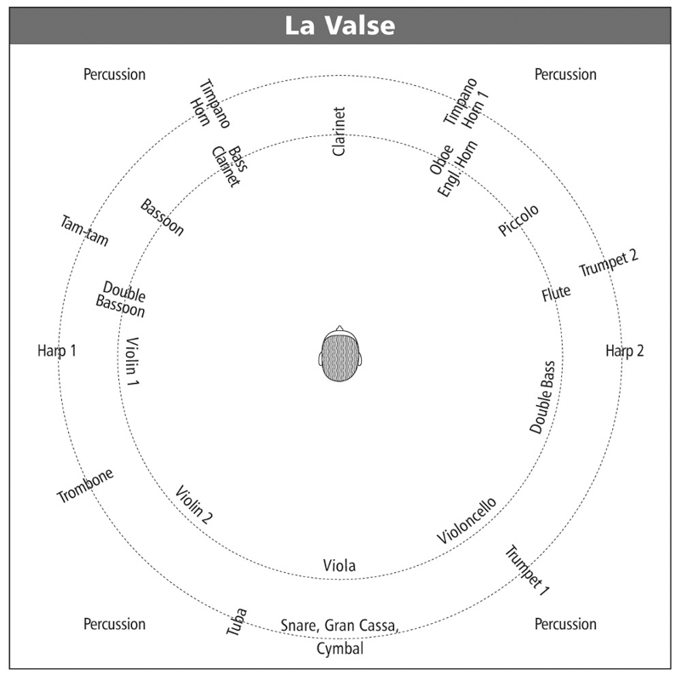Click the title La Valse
coord(340,26)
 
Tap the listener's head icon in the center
coord(340,353)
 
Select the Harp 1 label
coord(57,351)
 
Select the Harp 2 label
coord(625,351)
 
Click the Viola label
coord(339,565)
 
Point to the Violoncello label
coord(466,521)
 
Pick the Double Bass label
coord(542,397)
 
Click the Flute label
coord(556,293)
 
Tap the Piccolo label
coord(518,220)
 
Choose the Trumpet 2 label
coord(609,263)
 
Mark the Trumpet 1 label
coord(527,570)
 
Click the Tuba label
coord(237,621)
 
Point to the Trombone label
coord(86,485)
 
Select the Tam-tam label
coord(84,231)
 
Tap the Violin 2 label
coord(194,504)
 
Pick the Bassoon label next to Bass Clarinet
coord(162,217)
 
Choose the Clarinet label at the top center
coord(338,132)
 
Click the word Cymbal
coord(340,649)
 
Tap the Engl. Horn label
coord(457,169)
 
